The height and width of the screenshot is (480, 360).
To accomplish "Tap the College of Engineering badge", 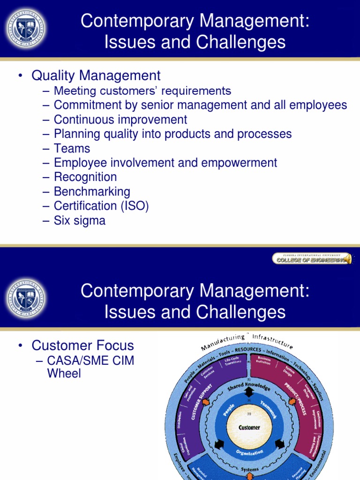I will click(x=312, y=258).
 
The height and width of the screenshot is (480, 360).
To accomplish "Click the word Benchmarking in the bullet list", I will click(x=92, y=191).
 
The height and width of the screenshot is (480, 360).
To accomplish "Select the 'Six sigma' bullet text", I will click(x=80, y=220).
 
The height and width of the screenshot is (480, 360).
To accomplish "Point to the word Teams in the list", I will click(x=72, y=148).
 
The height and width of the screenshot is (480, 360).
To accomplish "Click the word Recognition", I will click(x=85, y=177).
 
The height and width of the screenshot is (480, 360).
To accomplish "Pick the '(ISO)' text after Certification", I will click(x=134, y=206).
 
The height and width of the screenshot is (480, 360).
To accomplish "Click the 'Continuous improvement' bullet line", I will click(x=120, y=120).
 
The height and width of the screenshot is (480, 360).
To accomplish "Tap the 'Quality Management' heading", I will click(x=96, y=75).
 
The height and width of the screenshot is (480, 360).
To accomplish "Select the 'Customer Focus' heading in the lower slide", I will click(x=82, y=346).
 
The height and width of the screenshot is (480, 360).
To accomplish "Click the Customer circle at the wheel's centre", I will click(x=249, y=427).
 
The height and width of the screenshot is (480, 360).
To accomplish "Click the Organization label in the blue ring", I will click(x=249, y=453).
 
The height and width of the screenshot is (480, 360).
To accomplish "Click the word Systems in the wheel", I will click(x=249, y=469).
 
